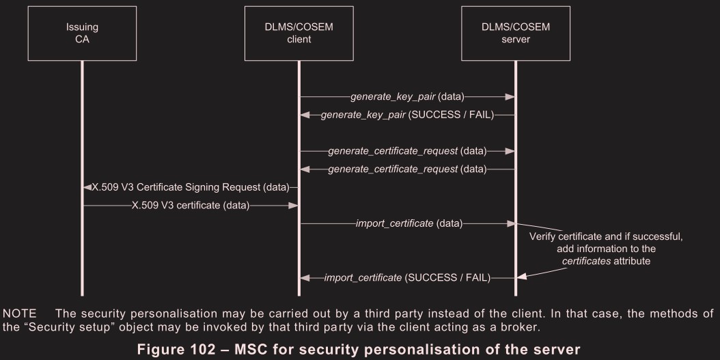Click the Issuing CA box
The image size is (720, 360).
[81, 33]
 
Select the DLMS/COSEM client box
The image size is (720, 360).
[299, 33]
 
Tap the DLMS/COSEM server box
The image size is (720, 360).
[516, 33]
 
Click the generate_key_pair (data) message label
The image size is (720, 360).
[407, 97]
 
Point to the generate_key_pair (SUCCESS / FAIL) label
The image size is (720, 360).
[407, 115]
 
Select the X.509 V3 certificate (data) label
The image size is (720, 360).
[191, 205]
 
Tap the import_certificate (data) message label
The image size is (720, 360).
[409, 223]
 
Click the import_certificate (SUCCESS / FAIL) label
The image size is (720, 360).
[408, 277]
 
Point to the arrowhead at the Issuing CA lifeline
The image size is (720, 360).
[87, 186]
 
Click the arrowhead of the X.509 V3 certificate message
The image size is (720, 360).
[293, 205]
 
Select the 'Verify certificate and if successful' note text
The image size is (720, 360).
[606, 236]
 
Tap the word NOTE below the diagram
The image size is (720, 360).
[20, 313]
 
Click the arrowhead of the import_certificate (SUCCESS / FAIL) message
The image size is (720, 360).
[305, 277]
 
